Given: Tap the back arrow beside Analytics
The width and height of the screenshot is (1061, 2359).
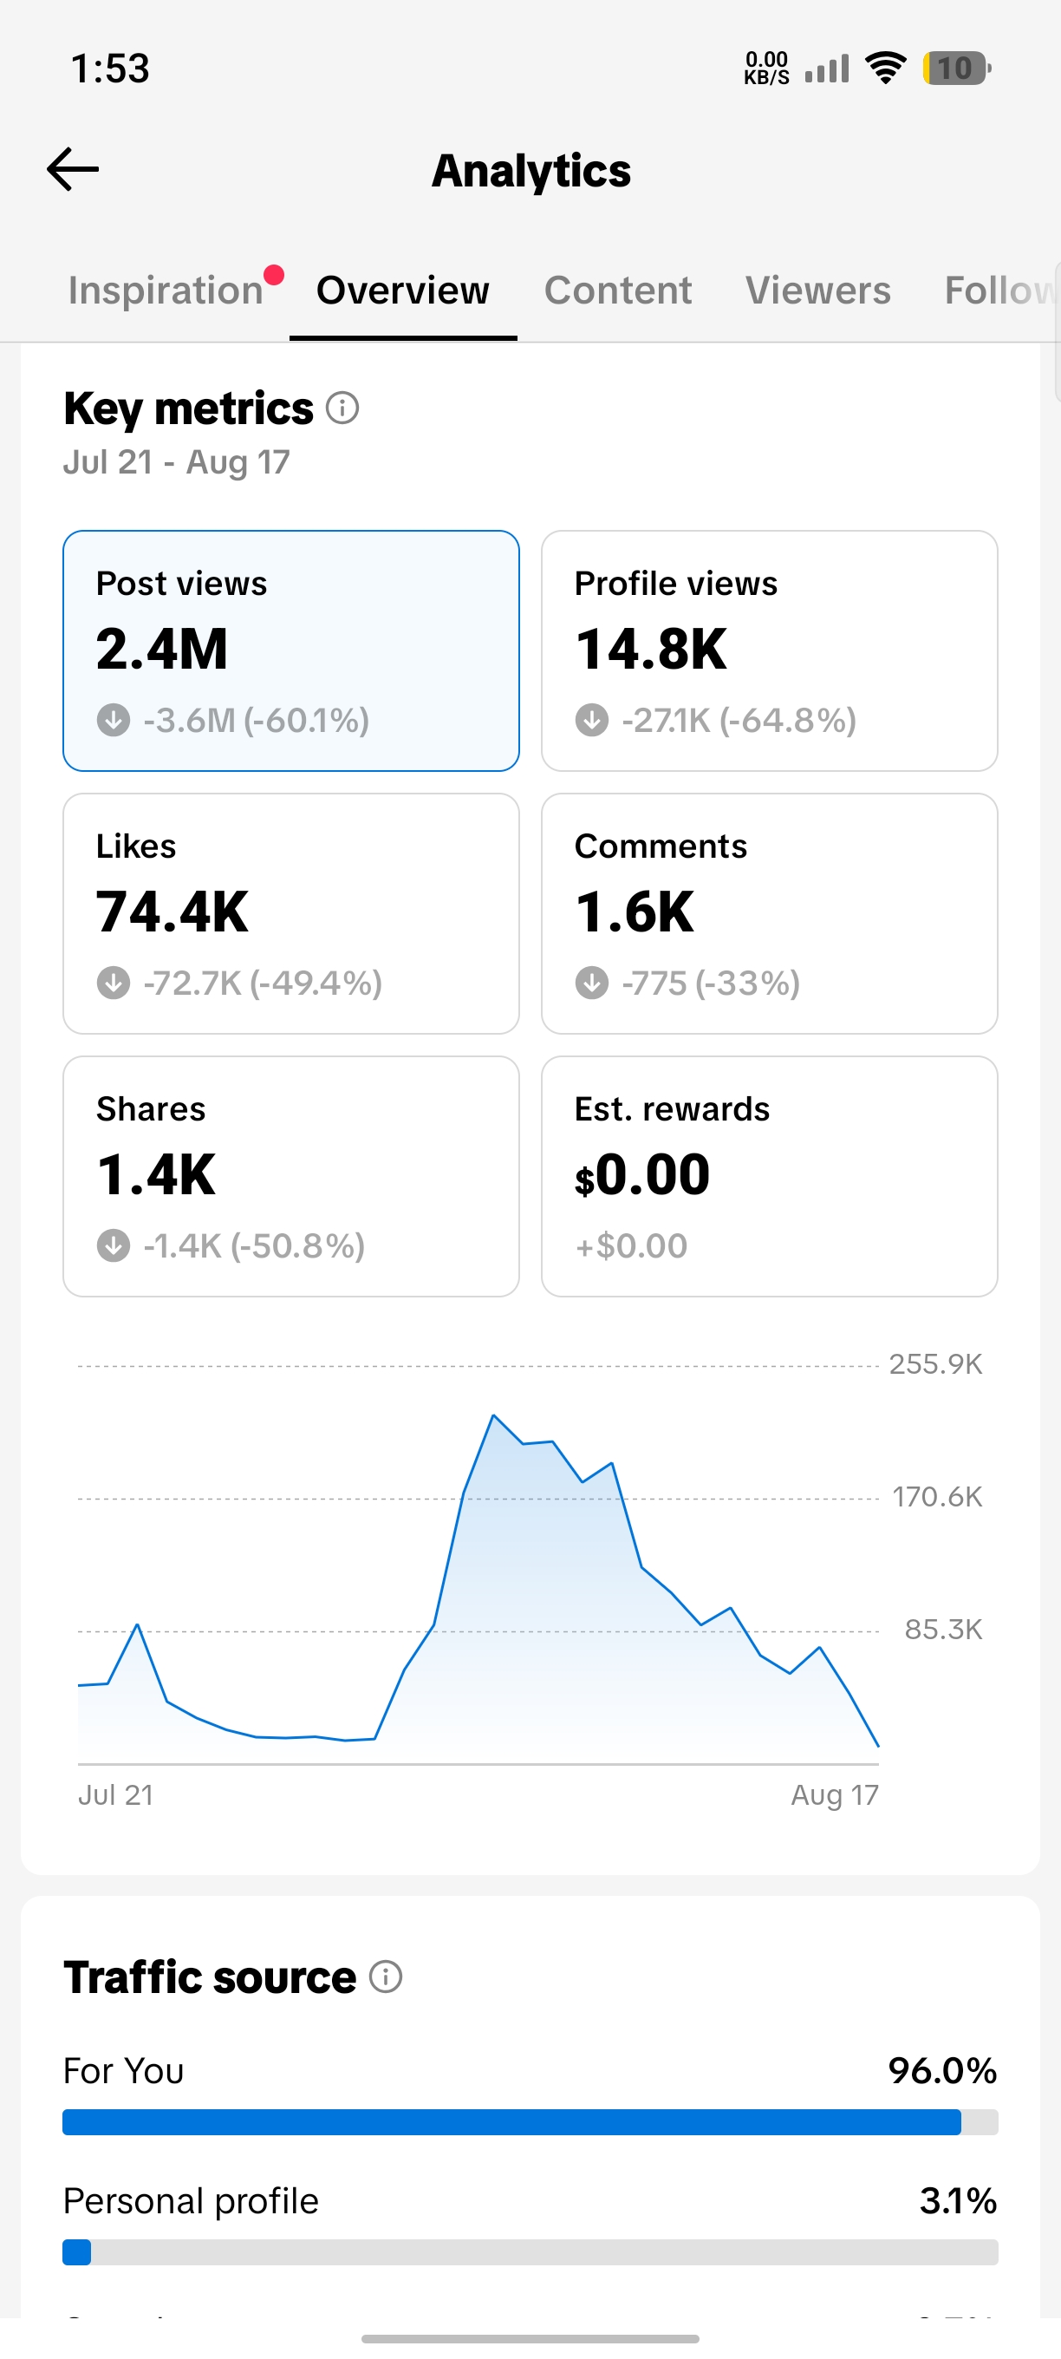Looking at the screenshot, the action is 72,169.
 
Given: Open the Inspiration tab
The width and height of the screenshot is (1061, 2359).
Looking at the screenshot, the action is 166,291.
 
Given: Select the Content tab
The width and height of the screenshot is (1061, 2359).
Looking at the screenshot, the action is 618,291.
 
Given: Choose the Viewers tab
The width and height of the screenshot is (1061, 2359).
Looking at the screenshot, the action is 817,291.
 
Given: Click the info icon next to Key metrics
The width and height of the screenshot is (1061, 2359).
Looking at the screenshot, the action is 342,408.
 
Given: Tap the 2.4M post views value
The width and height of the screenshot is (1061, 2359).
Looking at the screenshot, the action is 162,650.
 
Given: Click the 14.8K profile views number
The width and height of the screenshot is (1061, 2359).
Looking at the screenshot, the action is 651,650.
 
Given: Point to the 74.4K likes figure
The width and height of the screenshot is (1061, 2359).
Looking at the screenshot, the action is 172,912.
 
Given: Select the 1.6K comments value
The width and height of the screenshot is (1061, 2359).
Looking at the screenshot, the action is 635,912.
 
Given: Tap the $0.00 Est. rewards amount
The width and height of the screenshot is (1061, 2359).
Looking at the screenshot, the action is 641,1175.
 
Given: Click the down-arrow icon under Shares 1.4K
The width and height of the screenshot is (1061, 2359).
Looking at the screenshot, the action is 114,1245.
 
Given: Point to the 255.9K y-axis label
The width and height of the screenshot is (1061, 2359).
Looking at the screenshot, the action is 935,1364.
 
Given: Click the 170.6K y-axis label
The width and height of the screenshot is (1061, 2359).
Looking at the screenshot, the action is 937,1497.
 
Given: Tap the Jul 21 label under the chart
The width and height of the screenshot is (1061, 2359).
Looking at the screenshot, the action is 115,1795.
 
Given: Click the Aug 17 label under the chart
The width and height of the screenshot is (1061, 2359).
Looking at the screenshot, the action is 835,1795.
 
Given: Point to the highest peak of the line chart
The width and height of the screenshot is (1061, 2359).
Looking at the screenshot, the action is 493,1415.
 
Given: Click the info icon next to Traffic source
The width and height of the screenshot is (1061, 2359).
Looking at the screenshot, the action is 386,1977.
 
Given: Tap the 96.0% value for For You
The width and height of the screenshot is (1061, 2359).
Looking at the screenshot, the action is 943,2071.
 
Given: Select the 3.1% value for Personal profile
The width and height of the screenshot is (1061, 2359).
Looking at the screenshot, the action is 959,2201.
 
